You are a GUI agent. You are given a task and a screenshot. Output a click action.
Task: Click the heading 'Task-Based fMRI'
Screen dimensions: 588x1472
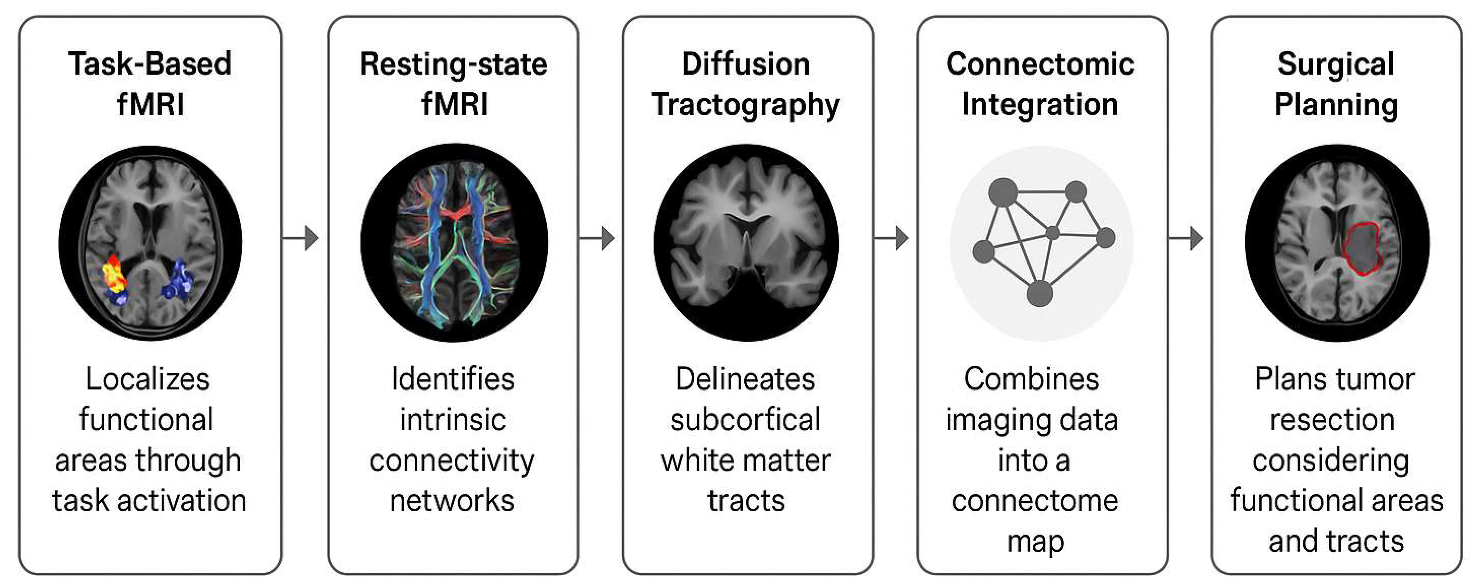150,84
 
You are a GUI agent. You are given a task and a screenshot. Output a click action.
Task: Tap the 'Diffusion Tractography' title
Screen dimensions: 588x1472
746,84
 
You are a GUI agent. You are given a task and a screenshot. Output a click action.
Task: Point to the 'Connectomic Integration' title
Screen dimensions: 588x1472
1040,84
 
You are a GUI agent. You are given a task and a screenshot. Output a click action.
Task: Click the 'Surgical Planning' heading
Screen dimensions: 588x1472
1336,84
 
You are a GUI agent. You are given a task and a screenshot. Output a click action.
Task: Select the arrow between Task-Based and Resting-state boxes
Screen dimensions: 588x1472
303,238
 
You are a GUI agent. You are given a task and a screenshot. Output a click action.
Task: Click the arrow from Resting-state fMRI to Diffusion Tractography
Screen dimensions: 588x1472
599,238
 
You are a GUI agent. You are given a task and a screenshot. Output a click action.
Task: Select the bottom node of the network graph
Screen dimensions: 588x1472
1040,294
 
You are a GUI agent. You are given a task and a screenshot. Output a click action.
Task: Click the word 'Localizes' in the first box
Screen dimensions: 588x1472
148,379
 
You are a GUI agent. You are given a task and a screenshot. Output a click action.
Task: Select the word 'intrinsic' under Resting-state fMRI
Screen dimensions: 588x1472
453,419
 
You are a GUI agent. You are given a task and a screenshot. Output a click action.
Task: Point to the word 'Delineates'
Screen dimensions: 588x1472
745,379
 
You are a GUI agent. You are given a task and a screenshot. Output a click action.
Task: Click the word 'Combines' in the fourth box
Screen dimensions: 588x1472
1031,379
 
